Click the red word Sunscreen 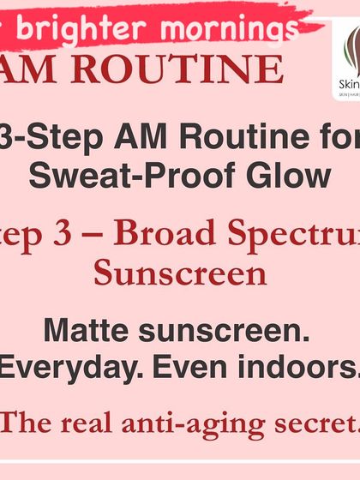180,274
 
